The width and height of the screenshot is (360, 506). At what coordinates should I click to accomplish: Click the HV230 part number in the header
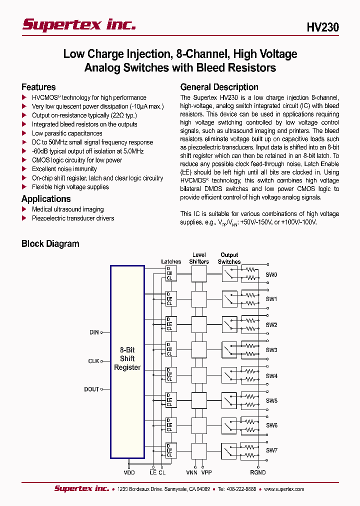[322, 27]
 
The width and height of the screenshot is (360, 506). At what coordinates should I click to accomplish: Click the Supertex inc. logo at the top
[79, 25]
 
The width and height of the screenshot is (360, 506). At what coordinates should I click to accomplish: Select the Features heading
[38, 87]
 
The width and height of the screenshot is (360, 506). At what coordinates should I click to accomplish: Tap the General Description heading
[219, 87]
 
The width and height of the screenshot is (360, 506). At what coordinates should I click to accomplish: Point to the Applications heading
[46, 198]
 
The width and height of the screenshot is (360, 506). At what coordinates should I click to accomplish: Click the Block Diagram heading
[50, 244]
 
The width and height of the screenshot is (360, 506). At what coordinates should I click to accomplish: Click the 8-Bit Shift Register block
[127, 359]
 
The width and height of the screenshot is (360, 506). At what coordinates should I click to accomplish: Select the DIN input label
[94, 332]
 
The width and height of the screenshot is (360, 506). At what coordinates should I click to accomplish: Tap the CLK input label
[93, 361]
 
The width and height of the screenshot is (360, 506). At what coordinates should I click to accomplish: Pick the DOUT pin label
[91, 389]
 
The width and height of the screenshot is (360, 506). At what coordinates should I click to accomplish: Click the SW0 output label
[271, 275]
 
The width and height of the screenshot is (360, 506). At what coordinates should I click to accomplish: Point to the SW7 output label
[271, 450]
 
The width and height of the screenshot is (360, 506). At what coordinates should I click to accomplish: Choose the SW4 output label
[271, 376]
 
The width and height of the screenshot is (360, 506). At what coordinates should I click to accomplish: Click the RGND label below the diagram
[258, 472]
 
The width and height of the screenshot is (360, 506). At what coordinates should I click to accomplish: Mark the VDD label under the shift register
[129, 472]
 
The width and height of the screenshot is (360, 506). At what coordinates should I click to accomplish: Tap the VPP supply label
[206, 472]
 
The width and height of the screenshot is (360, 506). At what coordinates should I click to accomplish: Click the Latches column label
[171, 261]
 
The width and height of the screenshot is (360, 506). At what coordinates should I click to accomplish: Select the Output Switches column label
[229, 258]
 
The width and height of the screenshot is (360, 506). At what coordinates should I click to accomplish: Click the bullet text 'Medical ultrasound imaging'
[67, 209]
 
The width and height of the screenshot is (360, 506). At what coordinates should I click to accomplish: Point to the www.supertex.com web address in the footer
[284, 489]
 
